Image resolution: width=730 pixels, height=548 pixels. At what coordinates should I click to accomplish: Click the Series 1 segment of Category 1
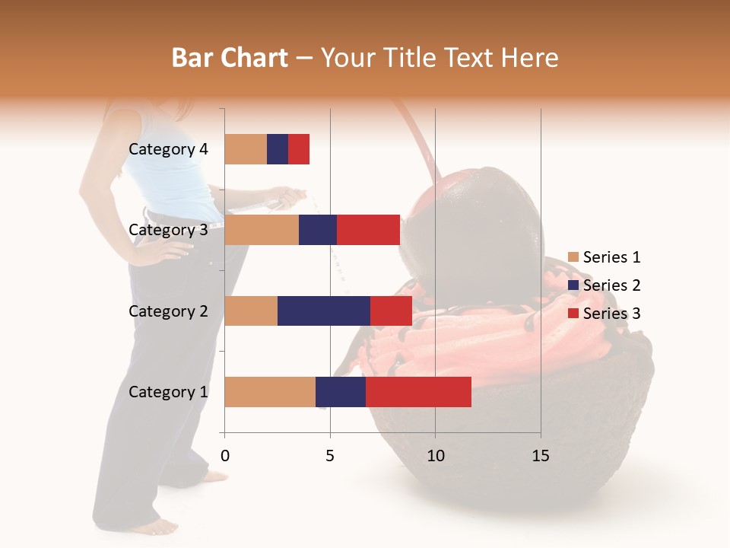[x=270, y=392]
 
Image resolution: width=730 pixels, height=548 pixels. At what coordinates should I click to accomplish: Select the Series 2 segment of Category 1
[x=341, y=392]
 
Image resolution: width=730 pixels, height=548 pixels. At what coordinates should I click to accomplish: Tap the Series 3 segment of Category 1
[x=418, y=392]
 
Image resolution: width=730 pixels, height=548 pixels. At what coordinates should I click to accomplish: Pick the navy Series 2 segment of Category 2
[x=324, y=311]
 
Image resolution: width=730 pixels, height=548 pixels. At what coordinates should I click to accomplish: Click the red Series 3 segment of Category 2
[x=391, y=311]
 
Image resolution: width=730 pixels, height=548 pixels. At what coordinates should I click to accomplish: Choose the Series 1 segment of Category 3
[x=262, y=230]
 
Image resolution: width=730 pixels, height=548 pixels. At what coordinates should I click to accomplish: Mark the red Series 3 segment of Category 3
[x=368, y=230]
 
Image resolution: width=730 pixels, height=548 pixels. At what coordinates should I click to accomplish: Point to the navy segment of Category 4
[x=278, y=149]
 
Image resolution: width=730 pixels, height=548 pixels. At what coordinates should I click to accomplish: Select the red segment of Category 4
[x=299, y=149]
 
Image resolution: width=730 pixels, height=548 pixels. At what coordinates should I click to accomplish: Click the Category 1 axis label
[x=168, y=392]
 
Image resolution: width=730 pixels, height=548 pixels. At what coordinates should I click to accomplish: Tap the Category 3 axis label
[x=168, y=230]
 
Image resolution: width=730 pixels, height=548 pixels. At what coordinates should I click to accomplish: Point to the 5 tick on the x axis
[x=330, y=456]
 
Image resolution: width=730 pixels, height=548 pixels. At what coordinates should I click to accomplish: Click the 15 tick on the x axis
[x=541, y=456]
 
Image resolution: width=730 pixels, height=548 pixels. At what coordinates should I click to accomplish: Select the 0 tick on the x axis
[x=225, y=456]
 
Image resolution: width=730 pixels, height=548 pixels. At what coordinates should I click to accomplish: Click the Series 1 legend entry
[x=605, y=257]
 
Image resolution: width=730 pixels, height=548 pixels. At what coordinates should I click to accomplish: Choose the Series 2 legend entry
[x=605, y=285]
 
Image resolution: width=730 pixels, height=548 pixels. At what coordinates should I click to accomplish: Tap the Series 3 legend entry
[x=605, y=314]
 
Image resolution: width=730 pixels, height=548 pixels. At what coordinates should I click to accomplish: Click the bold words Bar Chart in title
[x=230, y=58]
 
